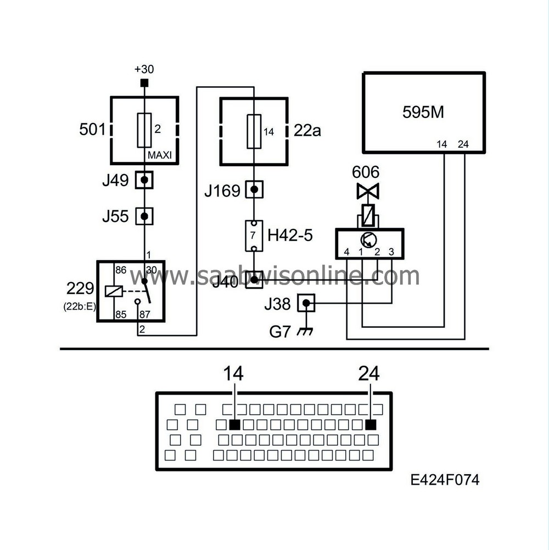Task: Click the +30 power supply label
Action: [144, 70]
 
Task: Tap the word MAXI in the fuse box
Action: [160, 155]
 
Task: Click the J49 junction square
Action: [144, 179]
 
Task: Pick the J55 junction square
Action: [144, 216]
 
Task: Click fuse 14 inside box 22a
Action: [254, 131]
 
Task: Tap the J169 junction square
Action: [254, 190]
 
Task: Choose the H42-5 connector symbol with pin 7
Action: [254, 235]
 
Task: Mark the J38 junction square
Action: [307, 302]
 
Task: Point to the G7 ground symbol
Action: [300, 332]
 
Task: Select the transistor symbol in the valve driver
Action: [368, 239]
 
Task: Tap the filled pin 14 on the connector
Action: [235, 424]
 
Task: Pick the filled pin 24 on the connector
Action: [371, 424]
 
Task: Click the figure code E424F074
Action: [445, 480]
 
